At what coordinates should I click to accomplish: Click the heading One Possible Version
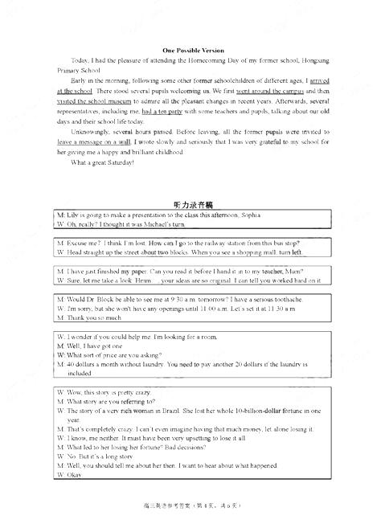(x=192, y=50)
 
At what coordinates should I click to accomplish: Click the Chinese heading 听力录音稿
(x=192, y=205)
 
